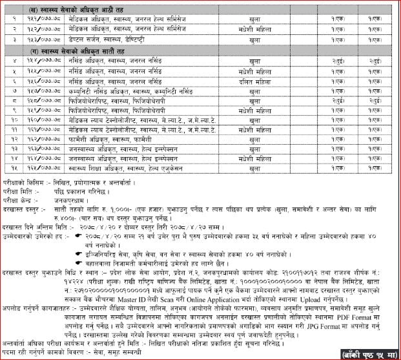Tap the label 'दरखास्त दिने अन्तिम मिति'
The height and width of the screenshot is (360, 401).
pyautogui.click(x=36, y=228)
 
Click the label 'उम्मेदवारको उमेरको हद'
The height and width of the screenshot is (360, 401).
pyautogui.click(x=35, y=237)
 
